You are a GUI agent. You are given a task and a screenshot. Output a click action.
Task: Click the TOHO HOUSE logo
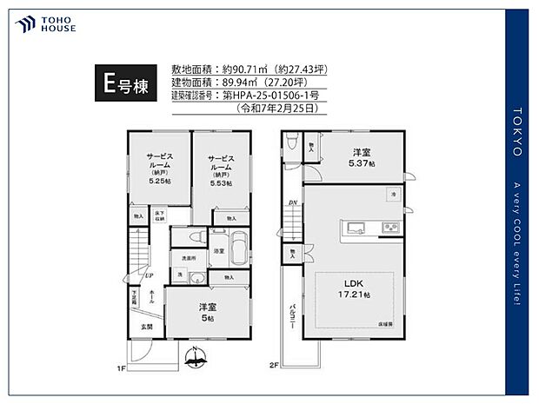click(44, 23)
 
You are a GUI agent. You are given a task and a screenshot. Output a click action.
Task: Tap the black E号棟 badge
click(123, 85)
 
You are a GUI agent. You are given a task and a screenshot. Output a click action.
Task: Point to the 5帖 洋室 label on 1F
click(206, 312)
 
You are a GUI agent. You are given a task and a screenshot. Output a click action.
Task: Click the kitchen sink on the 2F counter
click(356, 228)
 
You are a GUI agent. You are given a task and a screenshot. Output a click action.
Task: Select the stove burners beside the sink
click(389, 228)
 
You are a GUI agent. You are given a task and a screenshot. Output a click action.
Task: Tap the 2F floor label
click(274, 365)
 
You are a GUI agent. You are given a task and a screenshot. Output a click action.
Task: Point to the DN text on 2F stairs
click(293, 204)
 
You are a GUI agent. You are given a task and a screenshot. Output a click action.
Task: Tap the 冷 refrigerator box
click(393, 193)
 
